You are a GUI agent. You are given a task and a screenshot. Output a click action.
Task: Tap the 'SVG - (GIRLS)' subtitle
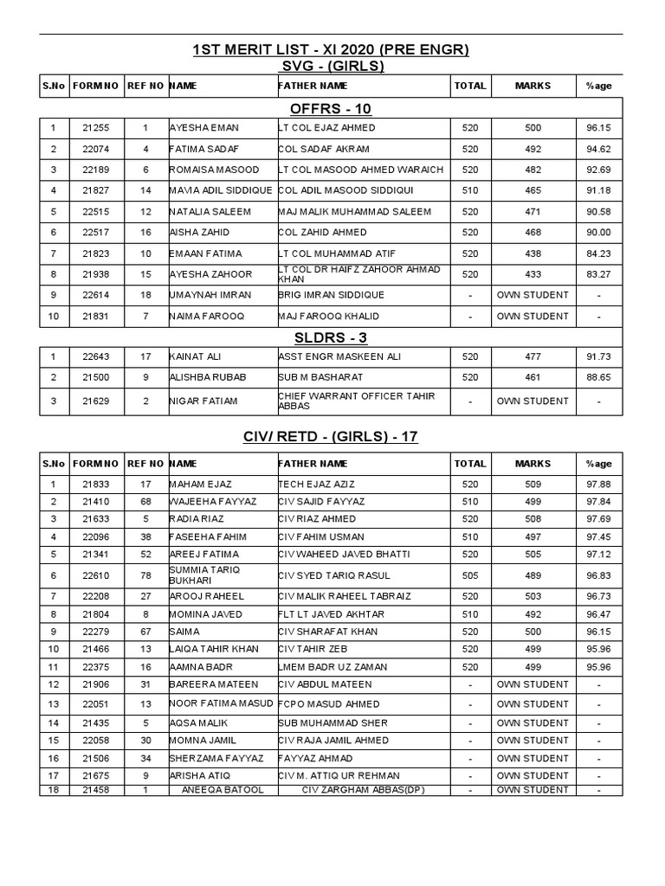point(332,67)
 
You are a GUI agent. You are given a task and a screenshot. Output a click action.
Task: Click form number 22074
point(96,149)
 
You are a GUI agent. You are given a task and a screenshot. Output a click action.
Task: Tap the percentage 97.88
point(597,485)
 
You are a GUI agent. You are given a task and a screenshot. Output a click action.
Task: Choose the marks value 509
point(533,485)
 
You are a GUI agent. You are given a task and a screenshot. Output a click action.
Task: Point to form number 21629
point(96,401)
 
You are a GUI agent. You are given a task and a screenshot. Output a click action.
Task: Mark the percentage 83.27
point(597,274)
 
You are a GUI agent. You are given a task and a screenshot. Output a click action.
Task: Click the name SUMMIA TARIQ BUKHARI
point(203,575)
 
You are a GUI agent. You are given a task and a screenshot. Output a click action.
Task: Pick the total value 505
point(470,575)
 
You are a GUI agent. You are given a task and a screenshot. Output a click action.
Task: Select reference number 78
point(146,575)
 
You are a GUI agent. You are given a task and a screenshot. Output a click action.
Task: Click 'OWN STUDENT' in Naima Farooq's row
point(533,316)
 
